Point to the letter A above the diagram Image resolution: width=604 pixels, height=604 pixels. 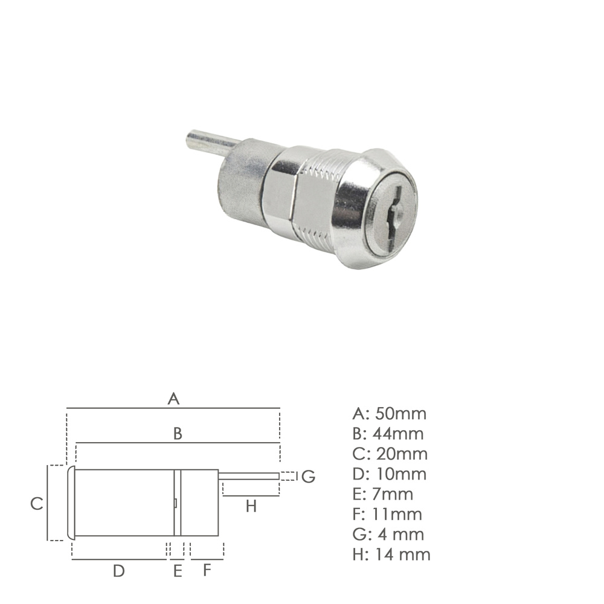coord(173,399)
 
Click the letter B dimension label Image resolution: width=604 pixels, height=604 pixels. coord(178,433)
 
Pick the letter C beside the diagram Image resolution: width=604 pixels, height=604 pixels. coord(37,504)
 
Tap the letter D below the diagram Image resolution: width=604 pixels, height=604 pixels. coord(119,570)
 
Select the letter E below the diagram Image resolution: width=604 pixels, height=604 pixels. coord(178,570)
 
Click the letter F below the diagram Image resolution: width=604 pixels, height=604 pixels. coord(207,570)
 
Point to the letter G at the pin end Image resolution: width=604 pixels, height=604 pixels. coord(308,477)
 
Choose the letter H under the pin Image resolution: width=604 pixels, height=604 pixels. coord(251,506)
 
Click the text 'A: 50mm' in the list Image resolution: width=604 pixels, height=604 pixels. coord(389,414)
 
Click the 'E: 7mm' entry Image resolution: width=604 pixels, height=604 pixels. coord(383,494)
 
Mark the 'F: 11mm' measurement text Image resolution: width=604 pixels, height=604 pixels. coord(387,514)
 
